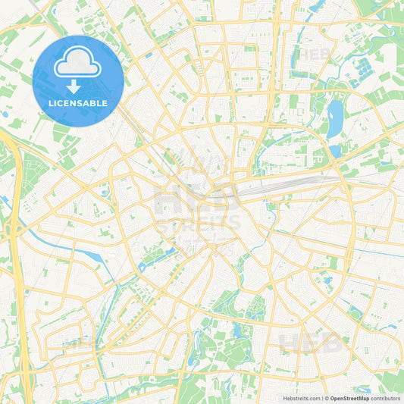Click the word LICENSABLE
[78, 103]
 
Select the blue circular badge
[78, 80]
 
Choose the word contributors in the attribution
[386, 398]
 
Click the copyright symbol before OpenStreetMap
[326, 398]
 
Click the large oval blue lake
[334, 119]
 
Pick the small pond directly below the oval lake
[335, 151]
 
